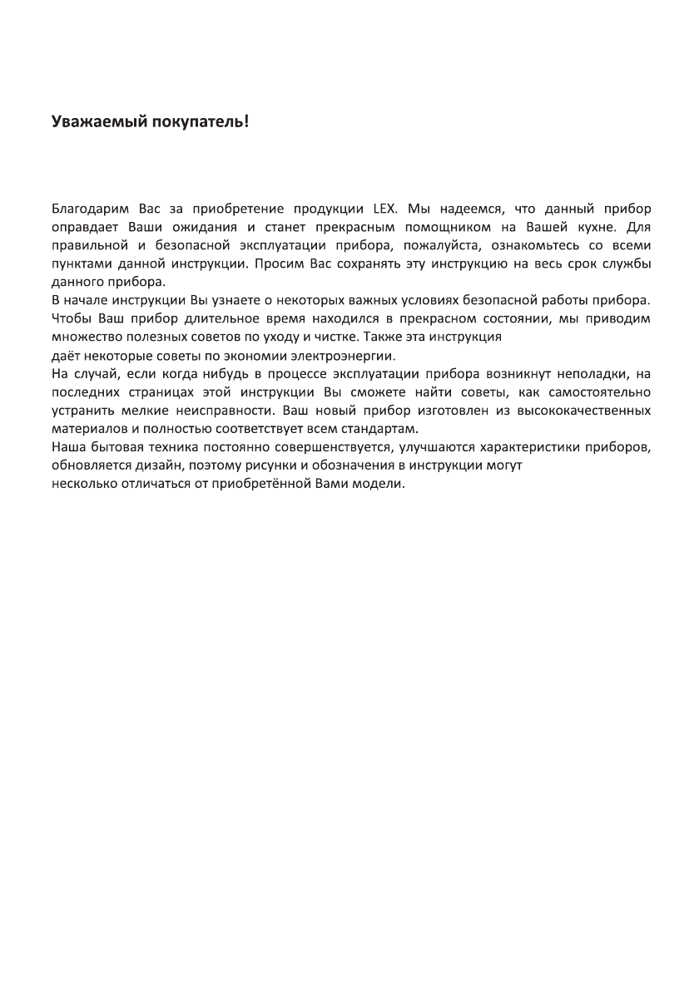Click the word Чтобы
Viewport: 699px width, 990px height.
coord(72,318)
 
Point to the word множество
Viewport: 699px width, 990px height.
coord(86,337)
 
